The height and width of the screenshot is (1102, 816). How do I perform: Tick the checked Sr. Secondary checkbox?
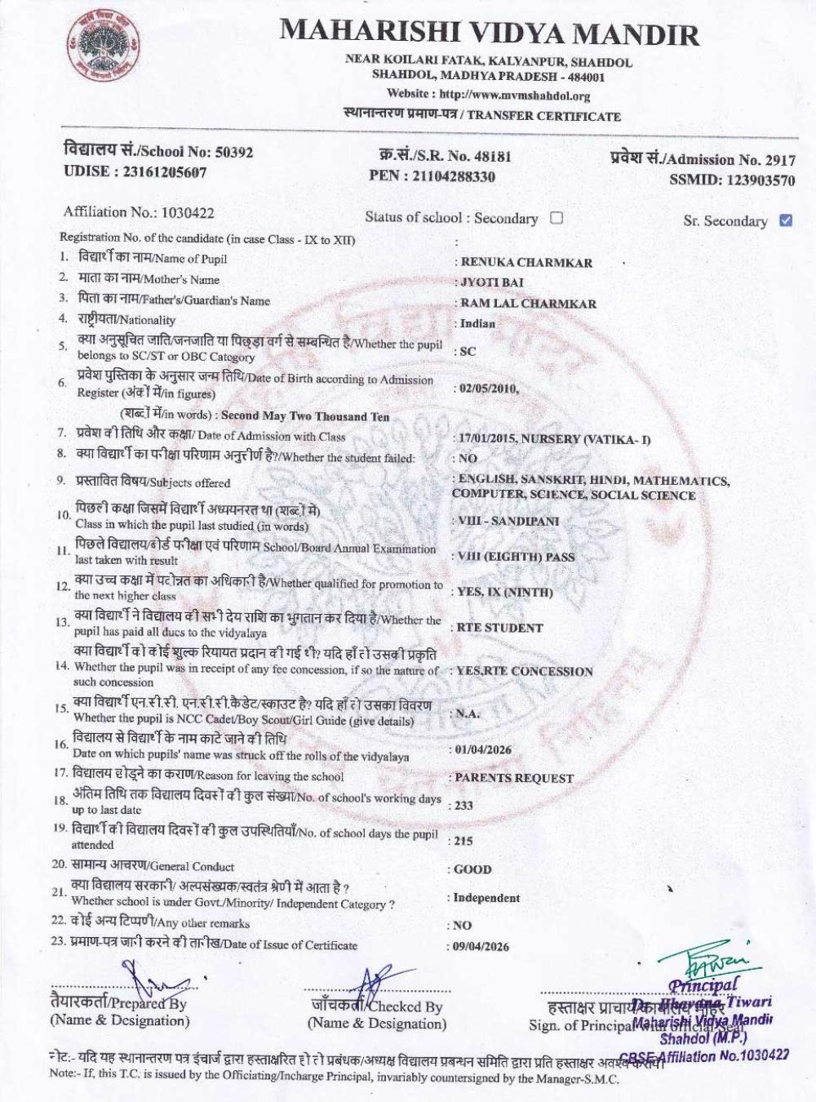pyautogui.click(x=786, y=220)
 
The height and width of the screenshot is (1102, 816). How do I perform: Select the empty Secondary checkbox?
pyautogui.click(x=557, y=217)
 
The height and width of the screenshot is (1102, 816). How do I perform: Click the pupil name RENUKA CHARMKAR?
pyautogui.click(x=526, y=262)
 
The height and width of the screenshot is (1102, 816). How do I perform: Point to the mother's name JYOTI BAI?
pyautogui.click(x=492, y=282)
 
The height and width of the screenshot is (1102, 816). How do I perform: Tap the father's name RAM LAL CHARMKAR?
pyautogui.click(x=528, y=303)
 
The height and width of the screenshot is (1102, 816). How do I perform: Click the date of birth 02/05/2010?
pyautogui.click(x=488, y=389)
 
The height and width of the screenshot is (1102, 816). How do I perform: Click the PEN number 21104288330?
pyautogui.click(x=455, y=176)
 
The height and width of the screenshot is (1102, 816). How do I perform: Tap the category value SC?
pyautogui.click(x=468, y=351)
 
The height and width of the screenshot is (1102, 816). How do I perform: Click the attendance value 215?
pyautogui.click(x=463, y=840)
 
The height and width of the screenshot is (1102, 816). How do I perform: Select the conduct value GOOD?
pyautogui.click(x=472, y=869)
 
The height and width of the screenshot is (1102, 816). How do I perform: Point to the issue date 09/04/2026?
pyautogui.click(x=481, y=946)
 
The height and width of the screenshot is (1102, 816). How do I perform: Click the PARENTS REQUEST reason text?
pyautogui.click(x=514, y=778)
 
